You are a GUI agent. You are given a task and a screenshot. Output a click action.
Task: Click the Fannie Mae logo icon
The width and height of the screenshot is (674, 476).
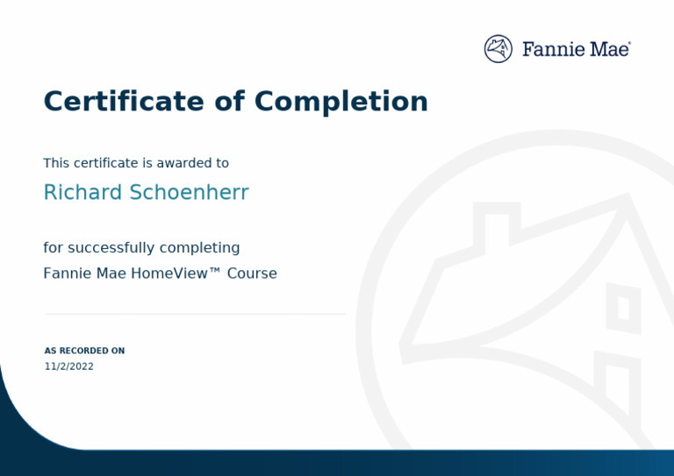tap(498, 49)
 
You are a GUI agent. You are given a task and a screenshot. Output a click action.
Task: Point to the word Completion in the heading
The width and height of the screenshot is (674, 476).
tap(341, 102)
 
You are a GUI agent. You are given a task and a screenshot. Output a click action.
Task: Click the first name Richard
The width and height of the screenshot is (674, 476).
tap(82, 193)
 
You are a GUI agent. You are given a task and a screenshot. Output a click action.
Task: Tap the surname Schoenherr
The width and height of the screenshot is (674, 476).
tap(189, 193)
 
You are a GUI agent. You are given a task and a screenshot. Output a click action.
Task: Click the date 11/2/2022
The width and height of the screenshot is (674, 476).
tap(69, 366)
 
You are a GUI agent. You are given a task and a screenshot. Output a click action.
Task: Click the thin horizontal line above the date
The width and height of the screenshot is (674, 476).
tap(195, 314)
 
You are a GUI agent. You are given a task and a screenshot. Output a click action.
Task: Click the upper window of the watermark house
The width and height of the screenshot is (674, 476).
tap(623, 308)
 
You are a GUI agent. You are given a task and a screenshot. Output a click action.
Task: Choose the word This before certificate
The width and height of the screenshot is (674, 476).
tap(56, 163)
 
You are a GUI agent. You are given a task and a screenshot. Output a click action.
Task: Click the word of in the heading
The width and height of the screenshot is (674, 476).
tap(229, 102)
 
